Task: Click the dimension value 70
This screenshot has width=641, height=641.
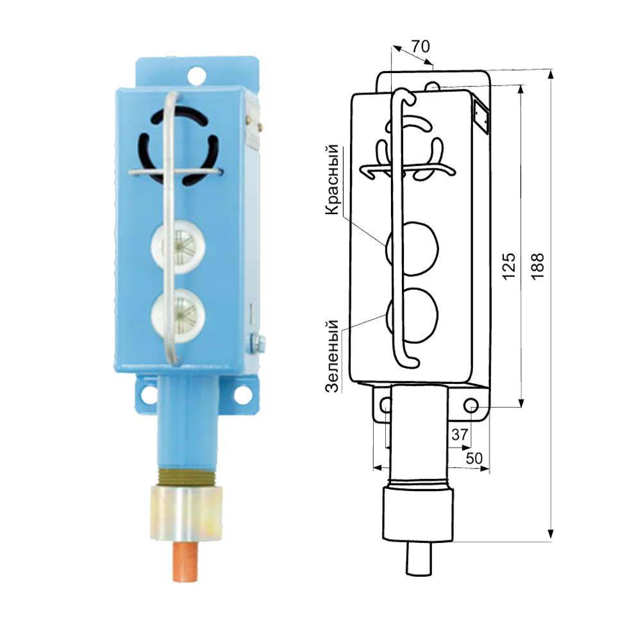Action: click(420, 46)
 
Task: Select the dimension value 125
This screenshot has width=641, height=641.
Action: click(508, 266)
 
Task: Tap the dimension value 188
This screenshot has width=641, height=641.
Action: click(538, 266)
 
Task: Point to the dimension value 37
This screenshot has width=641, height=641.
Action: click(460, 434)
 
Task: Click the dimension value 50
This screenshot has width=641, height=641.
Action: click(474, 458)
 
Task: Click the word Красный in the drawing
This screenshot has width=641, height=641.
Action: click(332, 179)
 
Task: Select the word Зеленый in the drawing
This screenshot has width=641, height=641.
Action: click(332, 356)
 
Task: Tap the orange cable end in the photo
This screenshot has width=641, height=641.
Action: click(186, 562)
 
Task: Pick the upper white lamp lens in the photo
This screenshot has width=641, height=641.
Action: click(178, 247)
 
